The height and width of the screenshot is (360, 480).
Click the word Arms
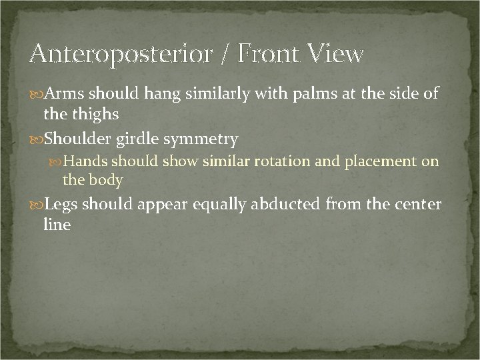pyautogui.click(x=65, y=93)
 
